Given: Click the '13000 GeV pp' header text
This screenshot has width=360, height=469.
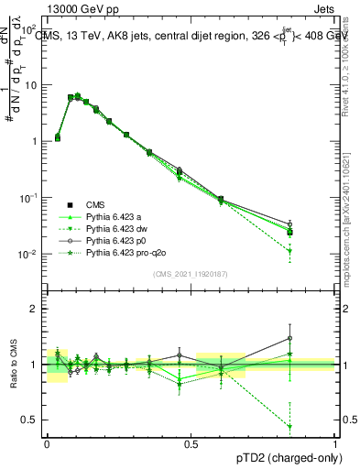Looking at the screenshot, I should (47, 8).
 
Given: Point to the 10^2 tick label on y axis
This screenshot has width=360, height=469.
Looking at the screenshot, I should (29, 28).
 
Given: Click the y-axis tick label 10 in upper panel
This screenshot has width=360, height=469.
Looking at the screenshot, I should (32, 85).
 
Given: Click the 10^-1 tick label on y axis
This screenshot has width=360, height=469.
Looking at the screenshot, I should (29, 197).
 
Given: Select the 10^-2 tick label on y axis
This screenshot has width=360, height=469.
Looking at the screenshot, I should (29, 254).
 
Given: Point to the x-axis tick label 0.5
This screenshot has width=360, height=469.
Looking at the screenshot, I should (191, 443).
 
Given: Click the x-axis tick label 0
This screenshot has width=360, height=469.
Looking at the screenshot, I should (47, 443).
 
